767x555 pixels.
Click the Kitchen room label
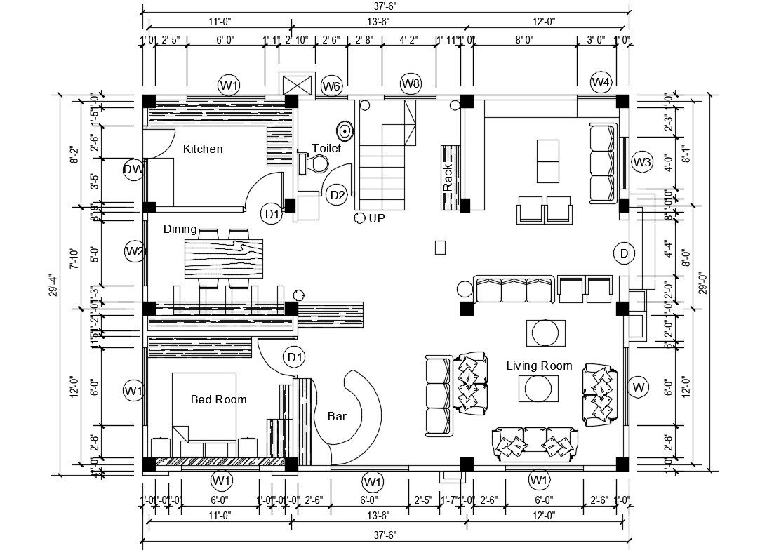tap(203, 149)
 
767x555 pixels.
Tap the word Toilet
tap(326, 149)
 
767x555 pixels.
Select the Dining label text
tap(180, 229)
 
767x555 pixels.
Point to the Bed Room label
tap(219, 399)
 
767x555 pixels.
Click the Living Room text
tap(539, 366)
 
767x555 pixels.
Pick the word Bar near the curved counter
tap(337, 416)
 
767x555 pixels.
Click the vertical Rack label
tap(448, 178)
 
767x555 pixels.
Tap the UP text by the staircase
tap(377, 218)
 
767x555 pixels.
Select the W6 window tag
tap(331, 86)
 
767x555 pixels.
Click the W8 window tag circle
tap(411, 84)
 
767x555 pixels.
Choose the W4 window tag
tap(601, 82)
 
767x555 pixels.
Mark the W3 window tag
tap(642, 162)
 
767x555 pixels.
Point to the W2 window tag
tap(135, 250)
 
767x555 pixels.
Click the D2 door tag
tap(338, 194)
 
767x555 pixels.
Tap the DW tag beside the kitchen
tap(133, 169)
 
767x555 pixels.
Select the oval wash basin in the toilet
tap(345, 131)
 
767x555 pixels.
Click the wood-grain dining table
tap(223, 258)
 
